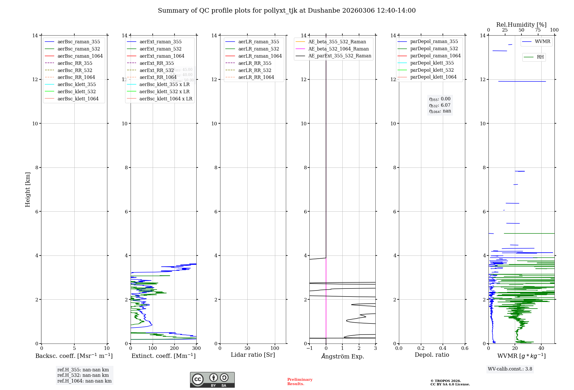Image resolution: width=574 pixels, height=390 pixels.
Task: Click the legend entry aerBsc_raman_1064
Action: click(80, 56)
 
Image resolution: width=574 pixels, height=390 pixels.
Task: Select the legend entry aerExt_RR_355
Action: click(156, 63)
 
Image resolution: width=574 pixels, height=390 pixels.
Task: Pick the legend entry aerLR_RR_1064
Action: click(256, 77)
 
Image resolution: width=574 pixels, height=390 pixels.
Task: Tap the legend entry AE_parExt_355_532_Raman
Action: click(340, 56)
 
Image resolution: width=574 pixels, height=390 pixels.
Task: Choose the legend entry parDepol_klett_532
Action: click(432, 70)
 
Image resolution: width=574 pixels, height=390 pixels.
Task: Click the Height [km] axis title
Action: click(28, 190)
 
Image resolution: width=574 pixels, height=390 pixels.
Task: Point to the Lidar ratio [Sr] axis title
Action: click(253, 355)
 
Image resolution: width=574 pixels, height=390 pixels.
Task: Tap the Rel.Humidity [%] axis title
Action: click(521, 25)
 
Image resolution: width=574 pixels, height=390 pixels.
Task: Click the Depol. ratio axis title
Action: click(432, 355)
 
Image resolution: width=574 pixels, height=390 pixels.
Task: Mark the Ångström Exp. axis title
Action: click(342, 356)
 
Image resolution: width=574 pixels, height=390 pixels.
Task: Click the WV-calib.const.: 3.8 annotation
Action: click(510, 369)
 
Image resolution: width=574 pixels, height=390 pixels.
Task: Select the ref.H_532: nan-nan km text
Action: click(83, 375)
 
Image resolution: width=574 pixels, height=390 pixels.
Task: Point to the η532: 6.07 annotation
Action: click(440, 105)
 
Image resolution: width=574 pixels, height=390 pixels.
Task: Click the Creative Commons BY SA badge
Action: click(212, 380)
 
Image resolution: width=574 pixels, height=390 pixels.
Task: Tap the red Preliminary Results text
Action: click(300, 381)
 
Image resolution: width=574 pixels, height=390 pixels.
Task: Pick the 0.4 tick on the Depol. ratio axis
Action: click(443, 348)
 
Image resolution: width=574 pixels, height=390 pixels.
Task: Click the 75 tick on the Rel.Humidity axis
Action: click(538, 30)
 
